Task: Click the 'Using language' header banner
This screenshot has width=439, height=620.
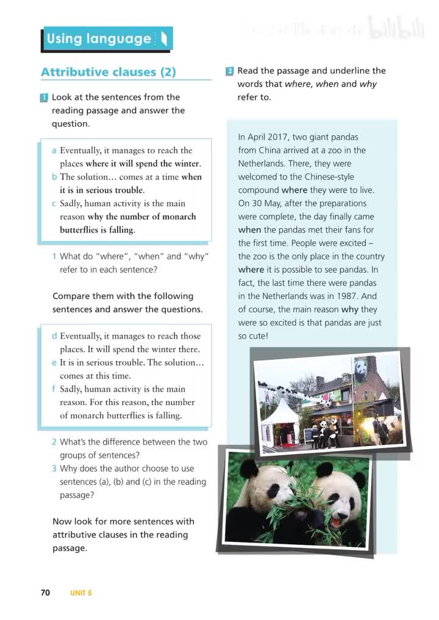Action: point(107,39)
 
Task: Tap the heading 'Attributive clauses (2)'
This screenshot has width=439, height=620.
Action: point(109,72)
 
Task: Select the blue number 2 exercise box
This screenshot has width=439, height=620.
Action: point(229,71)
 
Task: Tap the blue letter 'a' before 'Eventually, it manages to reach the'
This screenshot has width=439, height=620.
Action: point(54,151)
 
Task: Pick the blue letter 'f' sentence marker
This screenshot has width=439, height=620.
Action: point(54,389)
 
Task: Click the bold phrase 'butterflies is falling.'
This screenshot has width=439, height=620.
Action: point(98,230)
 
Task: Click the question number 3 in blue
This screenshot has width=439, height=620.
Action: point(54,469)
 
